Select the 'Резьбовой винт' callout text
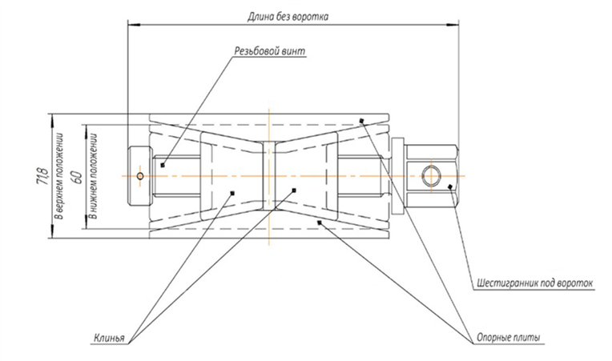pyautogui.click(x=268, y=50)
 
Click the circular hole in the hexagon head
pyautogui.click(x=429, y=174)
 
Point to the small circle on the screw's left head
pyautogui.click(x=140, y=175)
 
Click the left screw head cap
pyautogui.click(x=140, y=174)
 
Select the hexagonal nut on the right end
pyautogui.click(x=431, y=174)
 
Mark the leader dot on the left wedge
pyautogui.click(x=231, y=192)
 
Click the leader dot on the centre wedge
pyautogui.click(x=295, y=190)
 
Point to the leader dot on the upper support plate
pyautogui.click(x=362, y=121)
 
